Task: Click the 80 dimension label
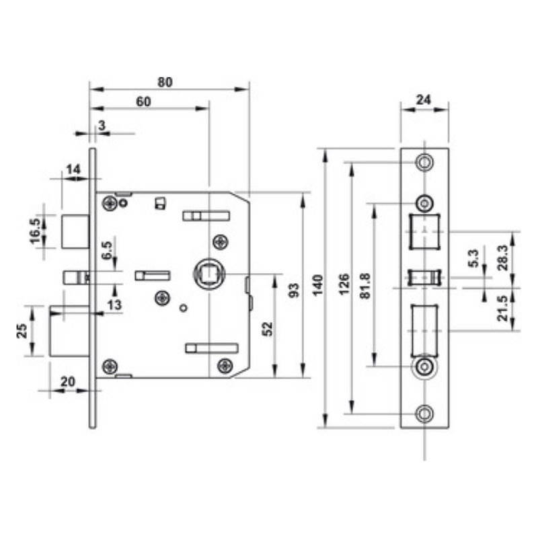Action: click(x=165, y=82)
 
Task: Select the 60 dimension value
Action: click(x=143, y=102)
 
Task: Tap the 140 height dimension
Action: click(x=317, y=285)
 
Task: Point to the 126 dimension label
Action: click(x=344, y=284)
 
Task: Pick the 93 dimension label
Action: click(x=294, y=291)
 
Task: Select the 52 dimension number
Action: click(x=267, y=329)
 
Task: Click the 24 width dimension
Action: click(x=424, y=100)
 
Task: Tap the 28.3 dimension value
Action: click(x=504, y=258)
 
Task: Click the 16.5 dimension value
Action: click(x=36, y=231)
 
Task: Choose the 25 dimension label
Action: click(x=22, y=331)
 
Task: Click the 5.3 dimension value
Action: click(x=473, y=258)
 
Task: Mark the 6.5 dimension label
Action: click(x=107, y=250)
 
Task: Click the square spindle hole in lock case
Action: click(x=208, y=274)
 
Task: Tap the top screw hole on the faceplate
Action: click(x=424, y=162)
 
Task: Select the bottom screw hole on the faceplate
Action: click(x=424, y=414)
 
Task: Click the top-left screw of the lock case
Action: click(x=110, y=203)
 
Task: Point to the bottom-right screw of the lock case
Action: click(x=225, y=366)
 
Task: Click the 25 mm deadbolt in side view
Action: click(x=70, y=331)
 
